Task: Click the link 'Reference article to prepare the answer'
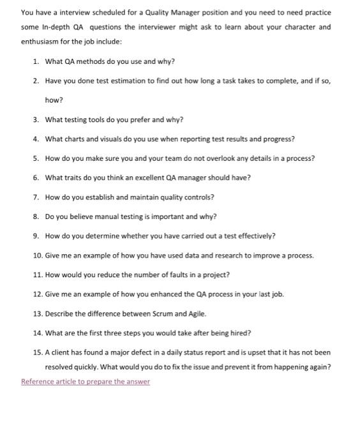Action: click(86, 382)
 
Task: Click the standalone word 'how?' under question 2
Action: click(54, 100)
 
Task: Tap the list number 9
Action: click(36, 236)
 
